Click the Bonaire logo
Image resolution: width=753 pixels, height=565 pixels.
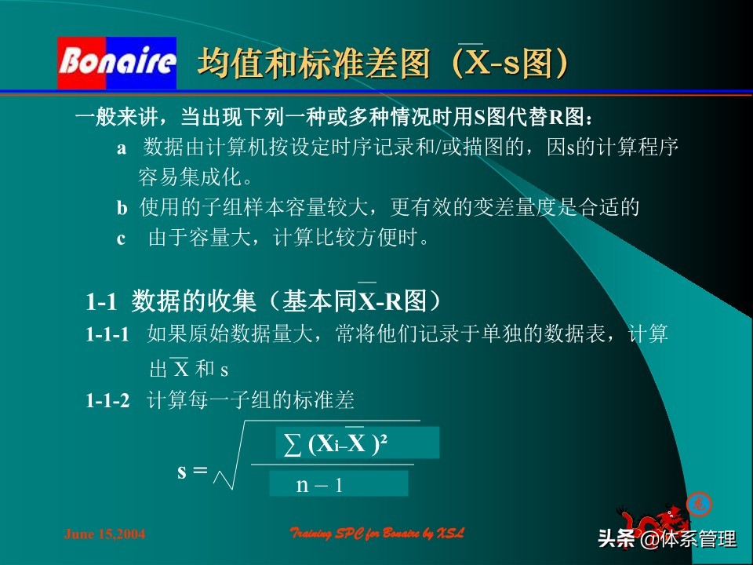coord(117,63)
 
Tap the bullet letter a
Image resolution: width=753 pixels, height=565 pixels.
coord(122,148)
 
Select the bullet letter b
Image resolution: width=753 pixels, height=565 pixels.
coord(122,208)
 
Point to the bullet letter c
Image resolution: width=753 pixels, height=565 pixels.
coord(122,239)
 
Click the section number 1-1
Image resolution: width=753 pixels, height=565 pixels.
coord(101,301)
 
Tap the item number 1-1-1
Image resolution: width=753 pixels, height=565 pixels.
coord(107,335)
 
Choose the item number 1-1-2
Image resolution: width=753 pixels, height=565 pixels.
coord(107,401)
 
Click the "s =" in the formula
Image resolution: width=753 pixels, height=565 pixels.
coord(192,471)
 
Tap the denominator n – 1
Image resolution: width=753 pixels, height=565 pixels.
coord(319,484)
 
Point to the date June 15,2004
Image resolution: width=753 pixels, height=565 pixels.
coord(104,534)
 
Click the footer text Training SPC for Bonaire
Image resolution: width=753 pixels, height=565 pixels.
coord(377,534)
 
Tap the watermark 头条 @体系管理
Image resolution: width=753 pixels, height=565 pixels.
coord(667,540)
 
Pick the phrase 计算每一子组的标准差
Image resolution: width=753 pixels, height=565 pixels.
coord(251,401)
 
